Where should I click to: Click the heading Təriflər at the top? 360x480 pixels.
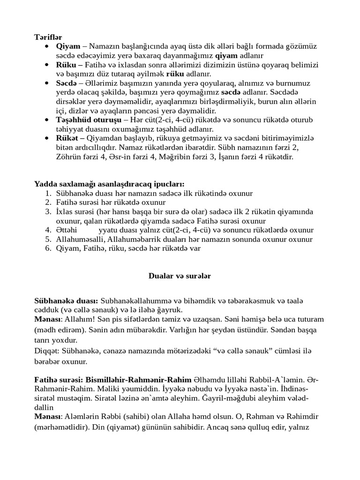(48, 37)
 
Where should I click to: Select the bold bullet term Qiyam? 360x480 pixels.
(67, 46)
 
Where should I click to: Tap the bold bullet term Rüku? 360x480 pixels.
(67, 65)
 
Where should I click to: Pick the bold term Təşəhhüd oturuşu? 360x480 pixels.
(88, 120)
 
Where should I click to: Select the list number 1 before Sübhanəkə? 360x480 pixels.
(48, 193)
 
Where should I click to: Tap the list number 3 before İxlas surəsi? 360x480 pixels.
(48, 212)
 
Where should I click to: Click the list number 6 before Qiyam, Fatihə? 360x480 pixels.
(48, 248)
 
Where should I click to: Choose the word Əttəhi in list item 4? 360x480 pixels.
(67, 230)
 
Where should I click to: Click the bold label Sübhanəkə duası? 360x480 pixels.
(66, 300)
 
